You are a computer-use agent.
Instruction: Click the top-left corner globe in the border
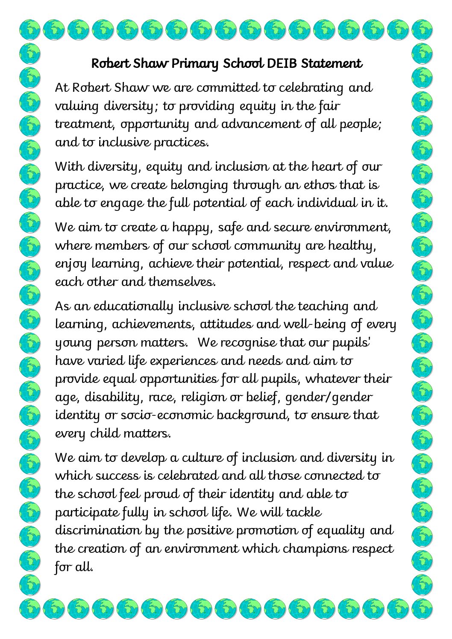(30, 30)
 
